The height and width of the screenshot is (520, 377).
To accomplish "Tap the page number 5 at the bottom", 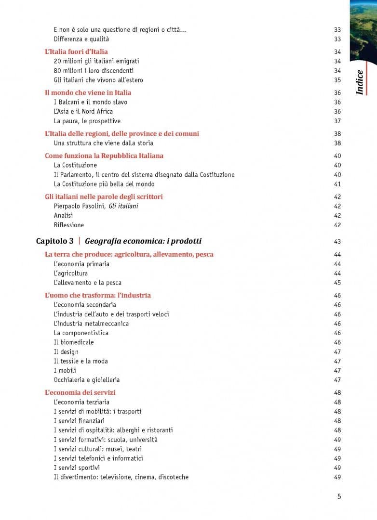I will point(339,496).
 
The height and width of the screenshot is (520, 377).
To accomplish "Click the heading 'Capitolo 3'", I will point(55,241).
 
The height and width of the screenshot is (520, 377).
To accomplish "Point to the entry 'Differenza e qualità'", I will point(81,39).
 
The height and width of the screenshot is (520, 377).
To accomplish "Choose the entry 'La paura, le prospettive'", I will point(87,121).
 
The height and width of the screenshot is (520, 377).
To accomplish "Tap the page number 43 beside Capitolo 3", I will point(337,241).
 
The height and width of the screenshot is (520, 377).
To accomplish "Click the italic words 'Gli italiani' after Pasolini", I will point(123,206).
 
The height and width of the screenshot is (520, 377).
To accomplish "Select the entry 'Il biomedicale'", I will point(74,342).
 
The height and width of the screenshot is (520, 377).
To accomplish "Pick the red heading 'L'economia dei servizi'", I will point(80,392).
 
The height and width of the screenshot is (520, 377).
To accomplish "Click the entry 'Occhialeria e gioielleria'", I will point(87,380).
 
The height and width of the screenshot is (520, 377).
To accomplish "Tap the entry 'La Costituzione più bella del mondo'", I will point(104,184).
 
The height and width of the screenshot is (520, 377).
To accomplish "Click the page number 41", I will point(337,184).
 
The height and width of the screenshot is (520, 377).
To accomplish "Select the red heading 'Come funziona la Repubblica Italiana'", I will point(104,156).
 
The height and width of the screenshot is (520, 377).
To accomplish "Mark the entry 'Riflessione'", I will point(69,225).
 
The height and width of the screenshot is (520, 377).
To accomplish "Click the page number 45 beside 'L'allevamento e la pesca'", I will point(337,283).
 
